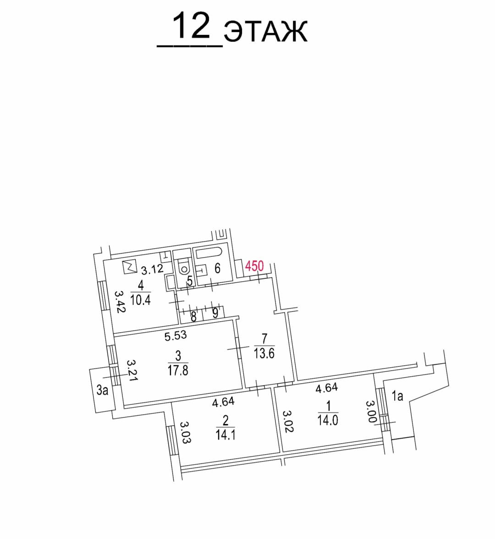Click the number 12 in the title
(x=192, y=27)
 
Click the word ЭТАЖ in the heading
(x=266, y=32)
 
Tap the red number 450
(x=254, y=266)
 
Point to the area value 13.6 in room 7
(x=264, y=353)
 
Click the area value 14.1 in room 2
(x=225, y=434)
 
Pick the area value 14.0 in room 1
(x=328, y=419)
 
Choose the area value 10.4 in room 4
(x=140, y=300)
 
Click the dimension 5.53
(x=176, y=335)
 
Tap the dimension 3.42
(x=120, y=301)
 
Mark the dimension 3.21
(x=132, y=370)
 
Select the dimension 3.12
(x=152, y=269)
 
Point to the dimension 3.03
(x=185, y=433)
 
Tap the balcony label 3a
(x=102, y=390)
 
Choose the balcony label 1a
(x=397, y=395)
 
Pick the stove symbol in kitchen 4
(x=130, y=266)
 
